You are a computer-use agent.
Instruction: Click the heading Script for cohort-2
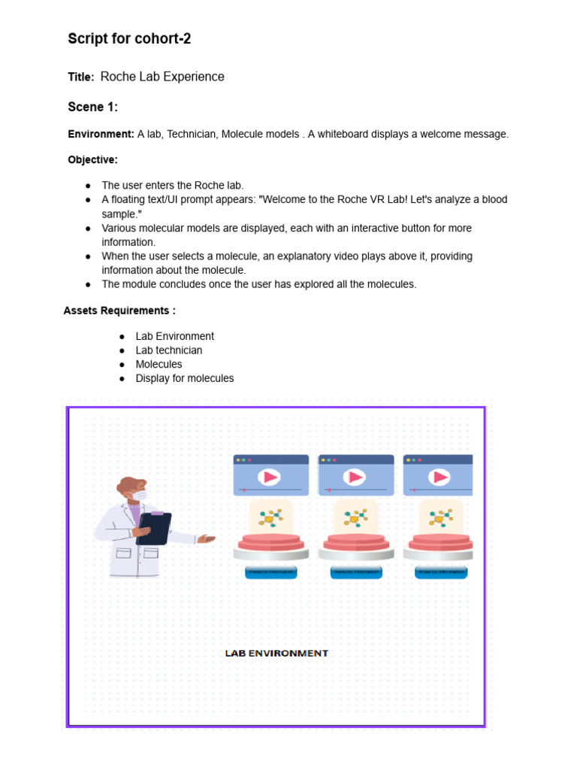point(129,39)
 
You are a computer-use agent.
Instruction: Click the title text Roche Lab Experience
point(162,77)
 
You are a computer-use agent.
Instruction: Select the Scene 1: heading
point(93,107)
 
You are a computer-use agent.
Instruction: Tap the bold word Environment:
point(101,134)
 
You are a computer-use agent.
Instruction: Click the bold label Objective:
point(93,159)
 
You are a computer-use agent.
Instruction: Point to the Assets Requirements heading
point(119,311)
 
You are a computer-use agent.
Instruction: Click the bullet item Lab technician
point(169,350)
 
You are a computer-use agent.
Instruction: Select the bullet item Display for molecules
point(185,378)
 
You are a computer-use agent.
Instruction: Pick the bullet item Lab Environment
point(174,336)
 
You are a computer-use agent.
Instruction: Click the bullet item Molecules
point(159,364)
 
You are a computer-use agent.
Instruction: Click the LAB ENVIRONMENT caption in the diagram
point(276,653)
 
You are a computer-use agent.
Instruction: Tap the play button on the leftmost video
point(270,477)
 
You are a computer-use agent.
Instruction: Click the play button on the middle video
point(355,477)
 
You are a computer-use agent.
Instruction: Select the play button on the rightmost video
point(440,477)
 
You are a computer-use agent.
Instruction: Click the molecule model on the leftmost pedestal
point(270,517)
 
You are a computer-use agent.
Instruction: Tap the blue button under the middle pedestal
point(356,572)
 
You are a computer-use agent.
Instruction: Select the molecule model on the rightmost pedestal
point(440,517)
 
